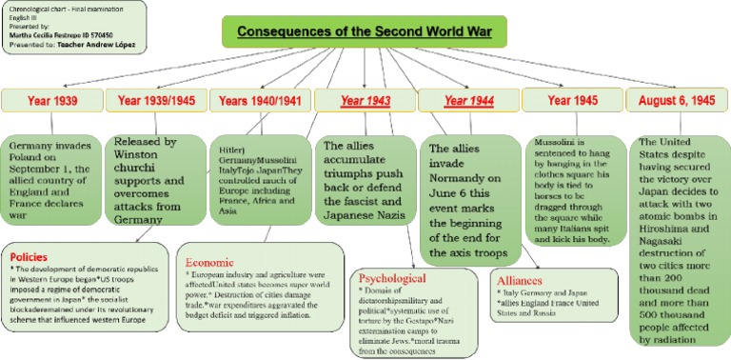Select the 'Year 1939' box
pos(52,99)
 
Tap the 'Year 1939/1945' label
pos(156,99)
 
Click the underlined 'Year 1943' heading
pos(364,99)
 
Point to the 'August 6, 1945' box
pos(676,99)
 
